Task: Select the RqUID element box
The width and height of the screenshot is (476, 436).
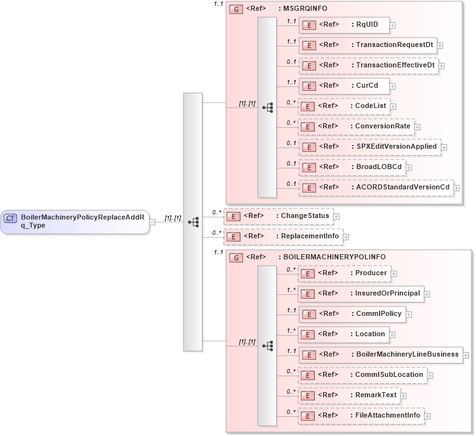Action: pyautogui.click(x=343, y=25)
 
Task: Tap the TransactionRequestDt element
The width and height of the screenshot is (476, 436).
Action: pyautogui.click(x=367, y=45)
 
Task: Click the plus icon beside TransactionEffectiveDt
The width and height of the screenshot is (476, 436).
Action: pyautogui.click(x=442, y=66)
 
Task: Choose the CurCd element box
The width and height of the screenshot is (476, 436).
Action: pyautogui.click(x=343, y=86)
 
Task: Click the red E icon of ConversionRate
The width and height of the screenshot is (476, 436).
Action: pyautogui.click(x=308, y=126)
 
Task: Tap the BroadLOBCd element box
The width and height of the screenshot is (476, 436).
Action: pyautogui.click(x=352, y=167)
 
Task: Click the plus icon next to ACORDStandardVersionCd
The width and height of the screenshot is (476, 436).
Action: pyautogui.click(x=456, y=188)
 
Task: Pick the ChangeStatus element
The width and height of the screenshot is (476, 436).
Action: pyautogui.click(x=278, y=216)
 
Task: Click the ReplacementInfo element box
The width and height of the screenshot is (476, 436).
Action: pyautogui.click(x=282, y=236)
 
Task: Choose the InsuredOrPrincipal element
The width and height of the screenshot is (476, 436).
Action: pyautogui.click(x=360, y=294)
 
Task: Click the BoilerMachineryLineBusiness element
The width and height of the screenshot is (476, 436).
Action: pyautogui.click(x=381, y=355)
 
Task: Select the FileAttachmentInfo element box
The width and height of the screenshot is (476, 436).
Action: pyautogui.click(x=361, y=416)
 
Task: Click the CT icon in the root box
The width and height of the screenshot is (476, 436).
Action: pyautogui.click(x=11, y=219)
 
